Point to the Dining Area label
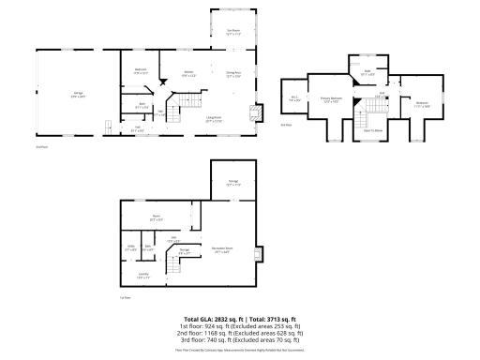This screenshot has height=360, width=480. pos(234,73)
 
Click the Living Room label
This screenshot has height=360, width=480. pos(214,119)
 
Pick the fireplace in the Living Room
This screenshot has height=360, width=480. pos(249,115)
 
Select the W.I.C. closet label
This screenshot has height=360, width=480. pos(293,97)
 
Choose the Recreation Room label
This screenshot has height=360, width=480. pos(222,249)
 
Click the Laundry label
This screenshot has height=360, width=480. pos(142,277)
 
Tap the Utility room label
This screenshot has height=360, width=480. pos(131,247)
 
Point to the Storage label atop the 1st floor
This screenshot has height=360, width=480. pos(233,181)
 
